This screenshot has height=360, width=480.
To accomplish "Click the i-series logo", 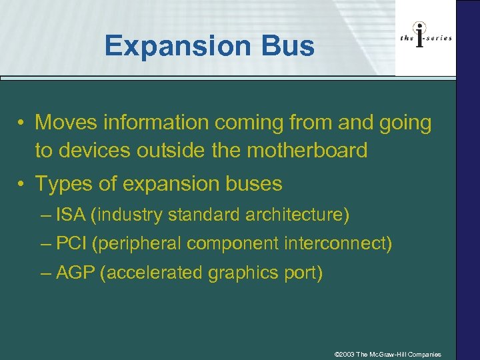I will coord(425,38).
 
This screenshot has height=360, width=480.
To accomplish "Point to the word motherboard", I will coord(307,151).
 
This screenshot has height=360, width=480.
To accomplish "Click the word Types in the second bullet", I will coord(62,183).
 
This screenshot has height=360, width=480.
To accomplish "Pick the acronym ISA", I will coord(71,215).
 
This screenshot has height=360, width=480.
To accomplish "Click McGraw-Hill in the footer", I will coord(389,354).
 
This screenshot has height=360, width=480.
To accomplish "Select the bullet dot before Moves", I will coord(23,123).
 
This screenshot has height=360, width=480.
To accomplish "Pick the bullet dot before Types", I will coord(23,184).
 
